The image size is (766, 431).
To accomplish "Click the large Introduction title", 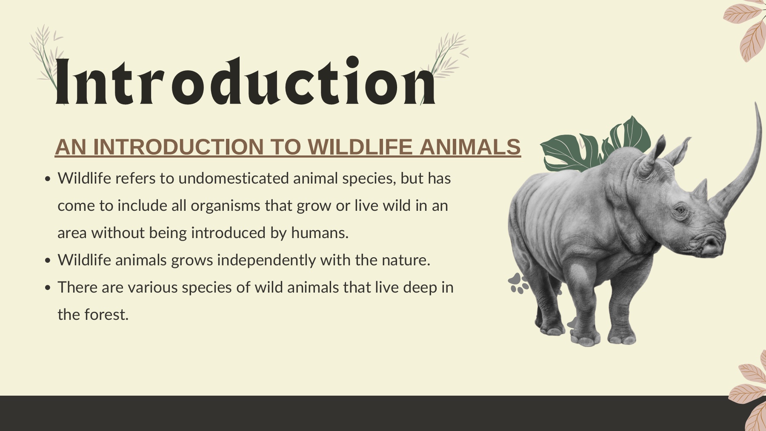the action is (x=246, y=81).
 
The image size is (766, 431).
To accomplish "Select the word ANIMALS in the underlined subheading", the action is (x=470, y=147).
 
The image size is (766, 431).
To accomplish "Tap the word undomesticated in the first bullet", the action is (x=234, y=178).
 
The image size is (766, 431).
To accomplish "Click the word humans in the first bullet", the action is (x=320, y=233).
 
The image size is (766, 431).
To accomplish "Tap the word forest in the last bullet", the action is (x=106, y=315).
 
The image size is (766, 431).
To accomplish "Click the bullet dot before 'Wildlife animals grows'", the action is (x=48, y=260).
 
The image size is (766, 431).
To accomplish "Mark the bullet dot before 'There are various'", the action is (x=48, y=287).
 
